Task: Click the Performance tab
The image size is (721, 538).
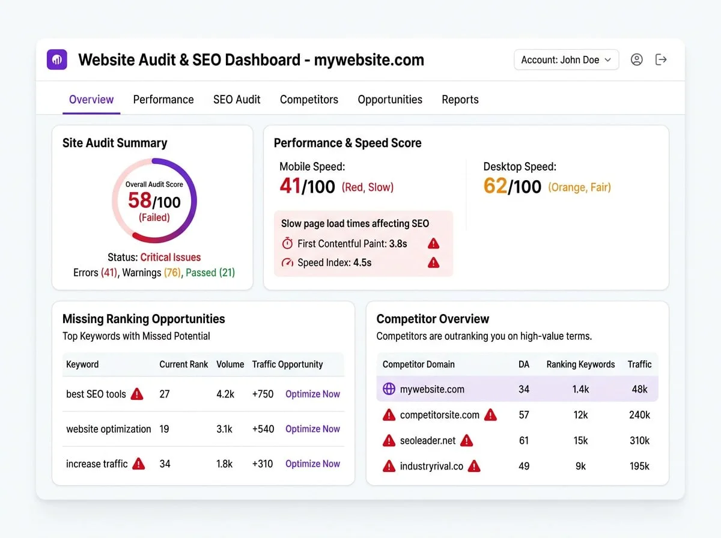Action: tap(163, 100)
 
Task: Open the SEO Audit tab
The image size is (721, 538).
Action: tap(237, 100)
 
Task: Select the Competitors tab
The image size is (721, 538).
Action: tap(309, 100)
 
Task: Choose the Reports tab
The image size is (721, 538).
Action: tap(460, 100)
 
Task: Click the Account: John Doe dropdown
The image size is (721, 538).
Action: tap(566, 59)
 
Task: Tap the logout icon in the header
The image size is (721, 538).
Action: tap(661, 59)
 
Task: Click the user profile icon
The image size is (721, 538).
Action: tap(636, 59)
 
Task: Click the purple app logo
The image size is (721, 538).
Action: tap(58, 59)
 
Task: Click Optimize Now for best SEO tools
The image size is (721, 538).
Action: tap(312, 394)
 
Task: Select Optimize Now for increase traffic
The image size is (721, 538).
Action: tap(312, 464)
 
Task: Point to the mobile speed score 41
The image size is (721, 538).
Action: tap(290, 186)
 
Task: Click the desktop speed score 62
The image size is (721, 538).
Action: tap(495, 186)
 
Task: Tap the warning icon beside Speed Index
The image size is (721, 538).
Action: tap(433, 262)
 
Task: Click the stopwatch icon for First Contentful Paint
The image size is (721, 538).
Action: tap(287, 244)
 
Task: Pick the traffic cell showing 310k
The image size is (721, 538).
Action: tap(639, 441)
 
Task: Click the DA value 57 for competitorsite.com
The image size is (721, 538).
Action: tap(524, 415)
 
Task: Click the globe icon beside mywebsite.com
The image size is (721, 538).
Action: tap(389, 389)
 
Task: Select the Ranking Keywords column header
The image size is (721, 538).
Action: tap(580, 364)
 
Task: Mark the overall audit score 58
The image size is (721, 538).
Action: tap(139, 200)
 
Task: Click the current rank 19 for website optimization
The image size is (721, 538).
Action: tap(164, 429)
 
